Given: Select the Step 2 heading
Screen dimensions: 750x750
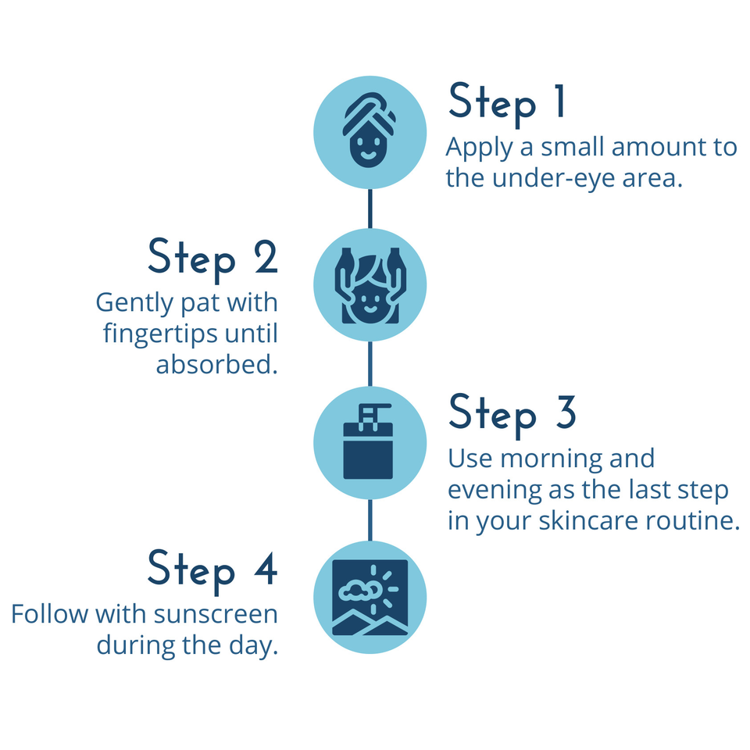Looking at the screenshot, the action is tap(212, 259).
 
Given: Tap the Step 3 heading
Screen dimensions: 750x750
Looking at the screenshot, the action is tap(512, 414).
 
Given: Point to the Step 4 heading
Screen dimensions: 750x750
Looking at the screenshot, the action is tap(212, 570).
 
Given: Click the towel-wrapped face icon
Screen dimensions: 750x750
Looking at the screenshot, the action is tap(370, 132).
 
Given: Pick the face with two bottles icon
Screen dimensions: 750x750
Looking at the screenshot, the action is tap(370, 286).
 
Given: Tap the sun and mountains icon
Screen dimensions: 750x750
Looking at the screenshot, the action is tap(370, 598).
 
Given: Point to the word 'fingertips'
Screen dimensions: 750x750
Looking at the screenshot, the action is tap(159, 334).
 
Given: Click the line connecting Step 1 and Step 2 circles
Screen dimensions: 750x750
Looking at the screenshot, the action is tap(370, 209).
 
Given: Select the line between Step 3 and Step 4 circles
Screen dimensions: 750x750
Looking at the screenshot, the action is tap(370, 520).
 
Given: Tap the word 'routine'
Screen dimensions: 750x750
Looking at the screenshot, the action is tap(700, 521).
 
